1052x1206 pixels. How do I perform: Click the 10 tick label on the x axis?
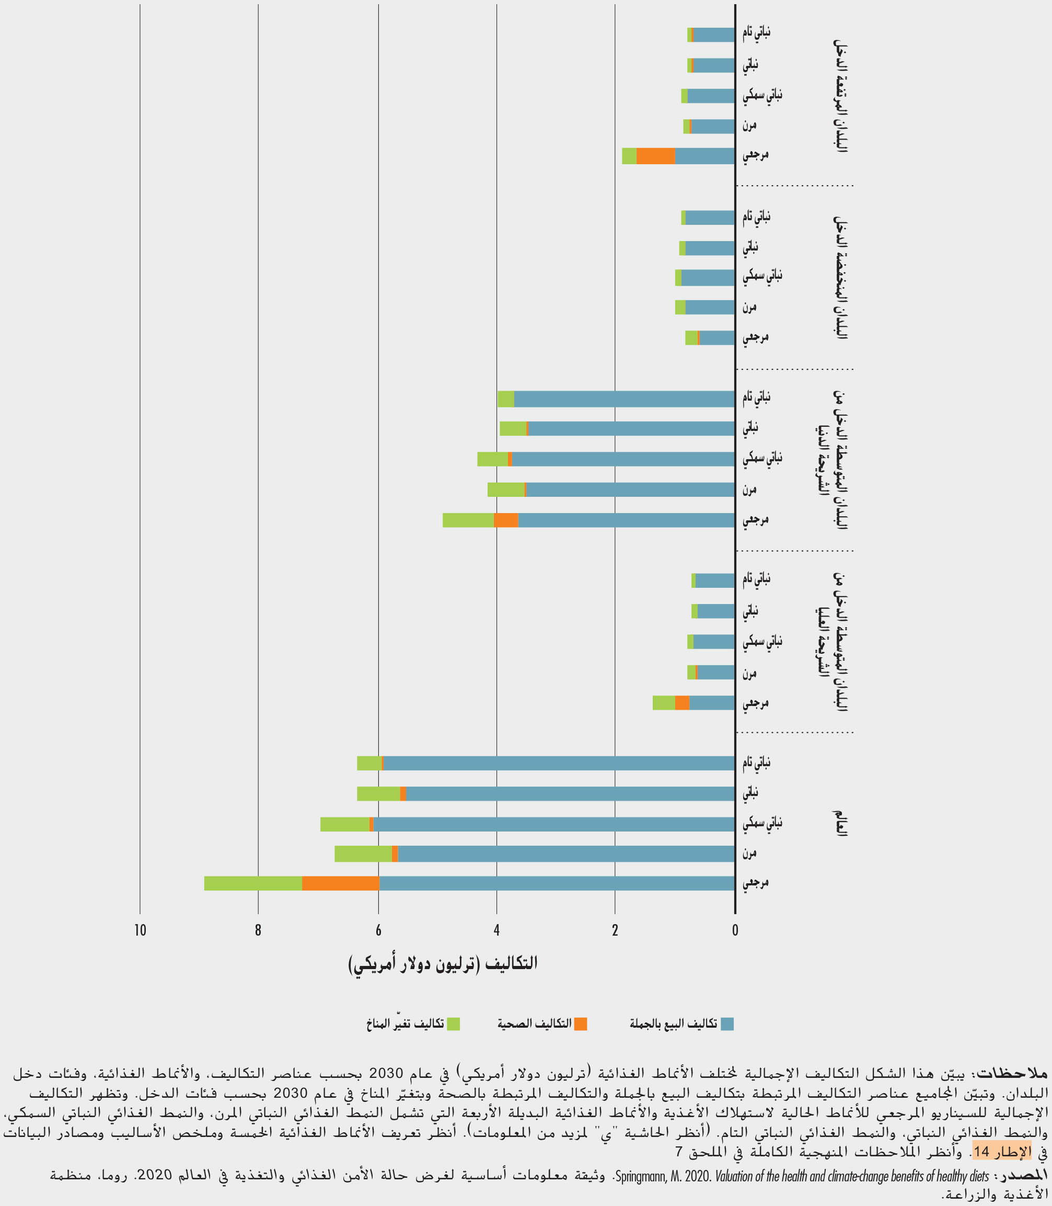[140, 930]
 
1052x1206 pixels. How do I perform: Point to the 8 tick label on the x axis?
[258, 930]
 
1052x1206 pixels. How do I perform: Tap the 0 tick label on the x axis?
[734, 930]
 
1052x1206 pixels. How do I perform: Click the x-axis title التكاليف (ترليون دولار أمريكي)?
[443, 964]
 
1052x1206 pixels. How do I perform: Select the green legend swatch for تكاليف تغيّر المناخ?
[453, 1024]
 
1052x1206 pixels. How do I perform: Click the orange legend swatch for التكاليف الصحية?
[581, 1024]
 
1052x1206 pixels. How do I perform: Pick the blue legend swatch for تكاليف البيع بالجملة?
[727, 1024]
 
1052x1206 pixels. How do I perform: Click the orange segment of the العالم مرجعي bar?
[341, 883]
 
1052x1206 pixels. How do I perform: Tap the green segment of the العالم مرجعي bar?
[253, 883]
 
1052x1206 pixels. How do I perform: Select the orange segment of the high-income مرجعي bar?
[656, 156]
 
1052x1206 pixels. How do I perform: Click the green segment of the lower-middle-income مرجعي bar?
[468, 520]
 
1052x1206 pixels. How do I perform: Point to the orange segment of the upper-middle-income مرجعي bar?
[682, 702]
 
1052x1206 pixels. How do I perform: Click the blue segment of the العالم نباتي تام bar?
[558, 763]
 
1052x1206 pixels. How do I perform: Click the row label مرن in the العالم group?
[749, 854]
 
